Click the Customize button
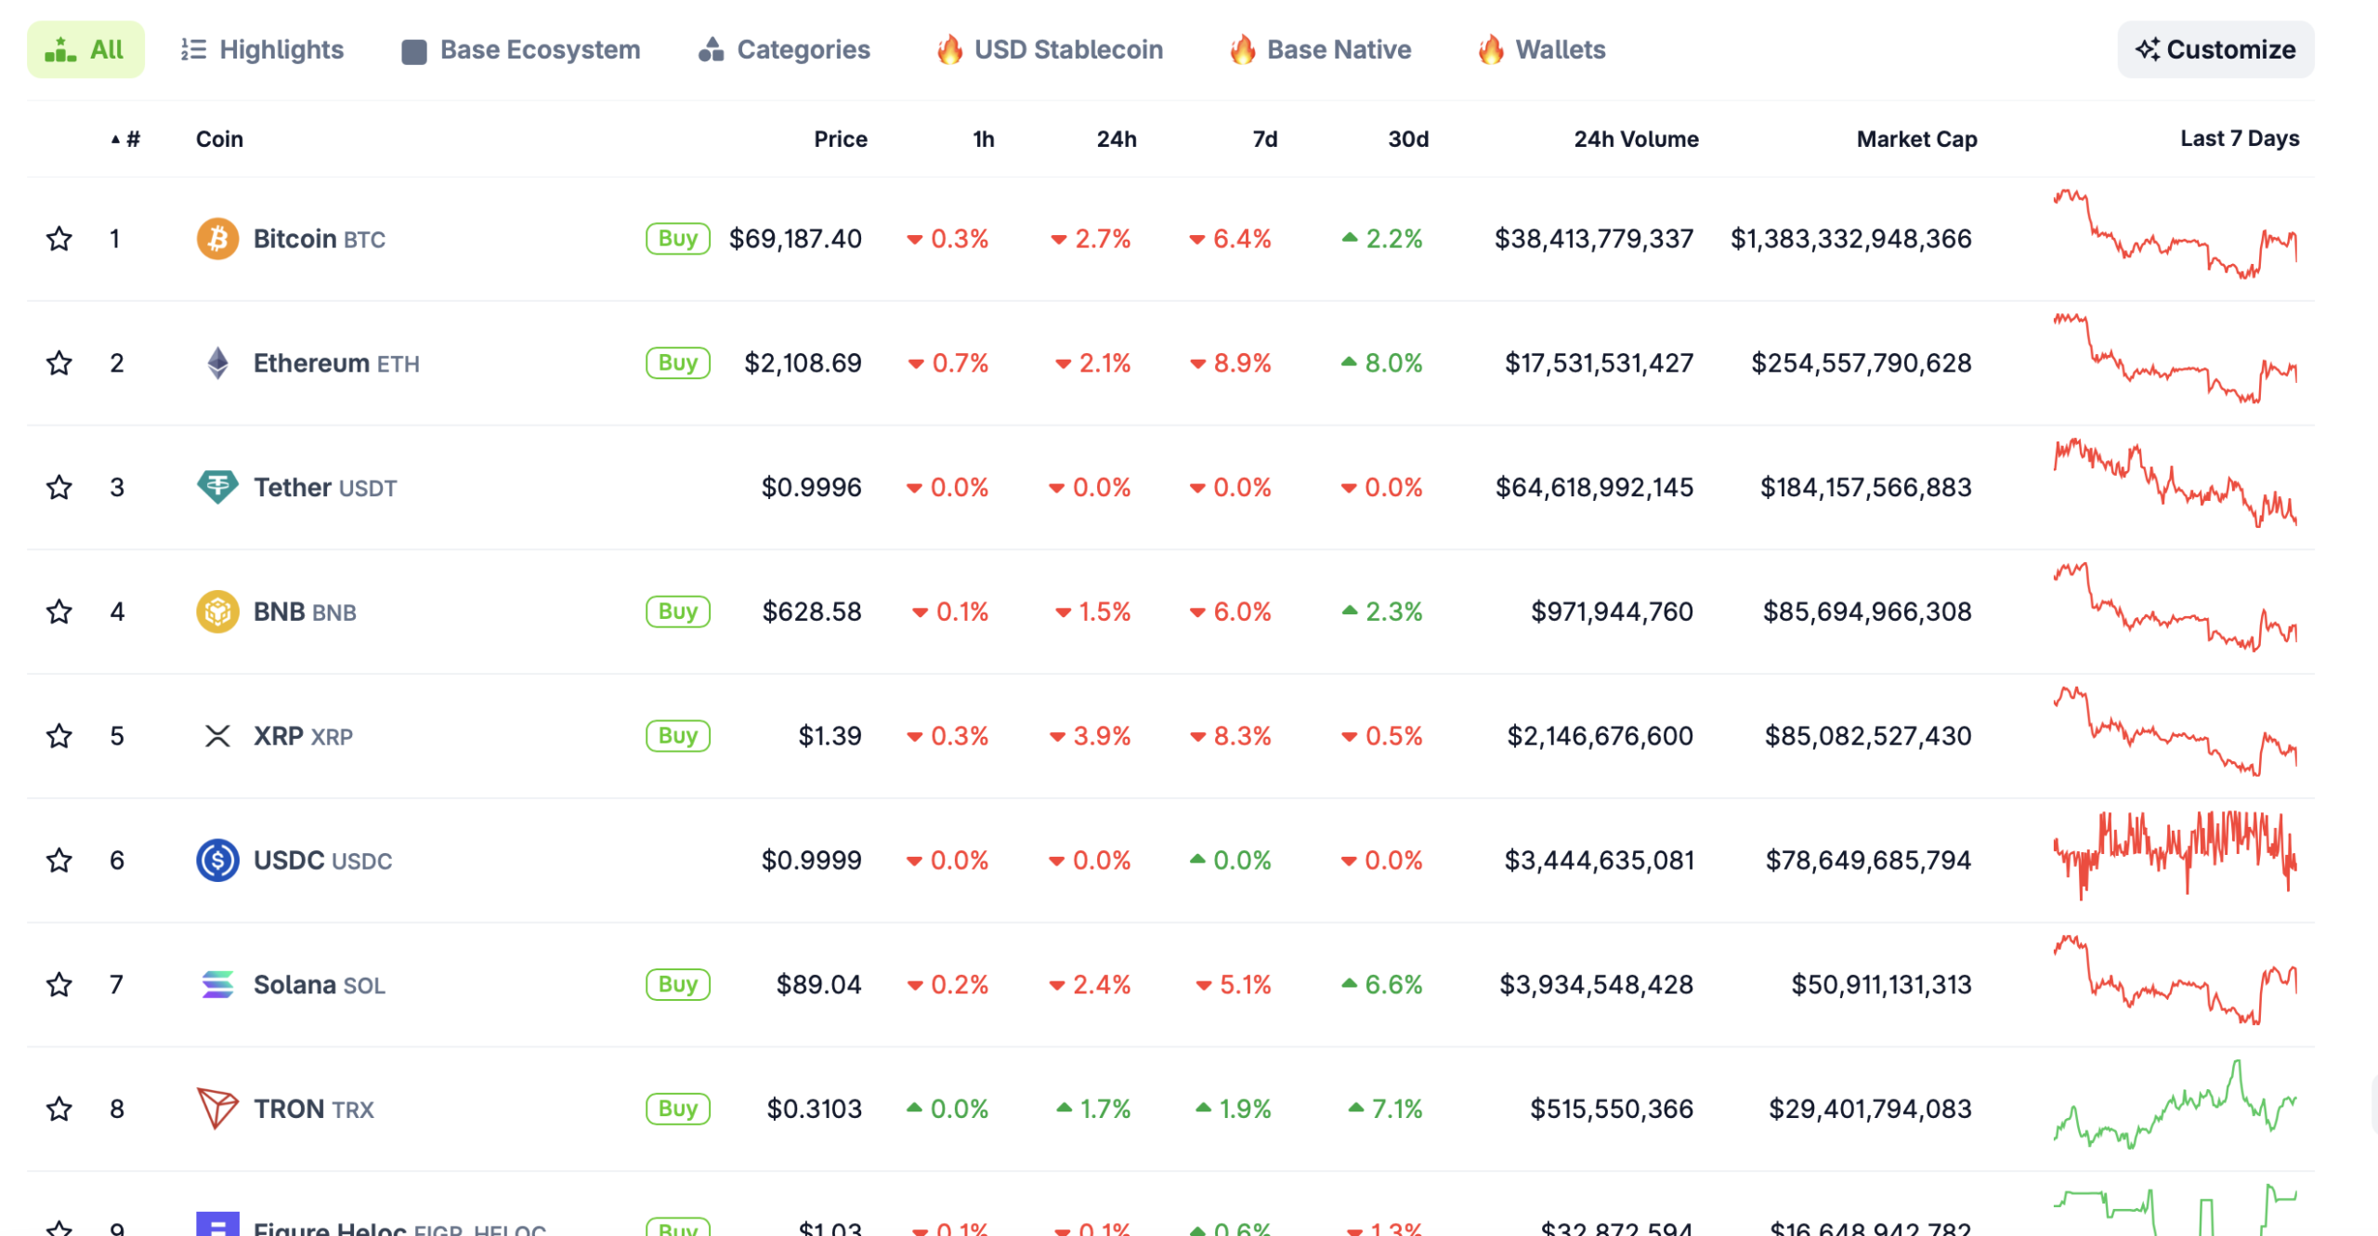[x=2215, y=49]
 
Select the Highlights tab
[x=262, y=49]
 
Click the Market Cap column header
[x=1915, y=139]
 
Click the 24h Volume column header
[x=1635, y=139]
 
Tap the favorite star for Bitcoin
[x=59, y=239]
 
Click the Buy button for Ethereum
[x=677, y=362]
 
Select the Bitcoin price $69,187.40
[x=794, y=239]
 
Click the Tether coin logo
[x=217, y=486]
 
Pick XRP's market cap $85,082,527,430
[x=1867, y=736]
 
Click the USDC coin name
[x=289, y=861]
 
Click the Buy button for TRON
[x=677, y=1109]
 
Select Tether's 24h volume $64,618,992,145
[x=1593, y=487]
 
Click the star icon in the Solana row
[x=59, y=984]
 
